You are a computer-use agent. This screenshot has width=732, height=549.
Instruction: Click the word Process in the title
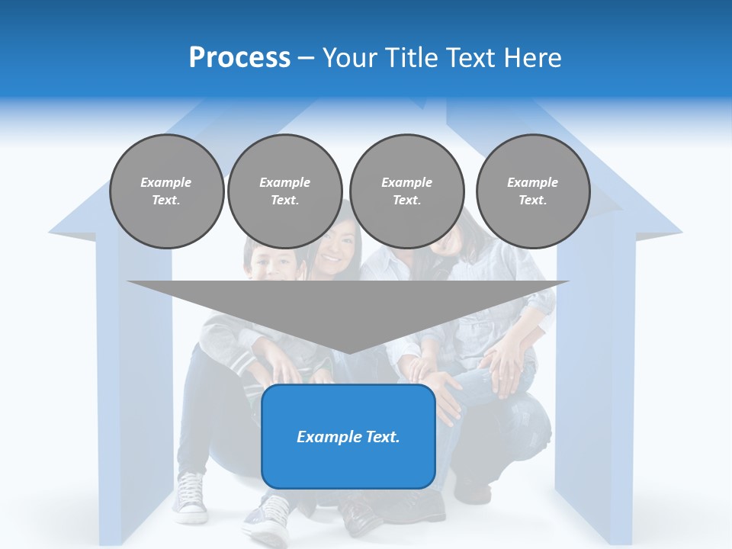pyautogui.click(x=239, y=58)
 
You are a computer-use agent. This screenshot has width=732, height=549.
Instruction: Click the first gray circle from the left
pyautogui.click(x=166, y=191)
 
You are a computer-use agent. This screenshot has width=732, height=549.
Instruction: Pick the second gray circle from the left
pyautogui.click(x=284, y=191)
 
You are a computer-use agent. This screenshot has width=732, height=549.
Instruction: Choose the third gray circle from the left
pyautogui.click(x=406, y=191)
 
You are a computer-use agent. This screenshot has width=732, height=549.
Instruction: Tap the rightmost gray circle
pyautogui.click(x=533, y=191)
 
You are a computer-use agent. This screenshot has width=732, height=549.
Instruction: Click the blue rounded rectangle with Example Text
pyautogui.click(x=348, y=436)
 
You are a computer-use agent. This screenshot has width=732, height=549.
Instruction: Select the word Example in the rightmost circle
pyautogui.click(x=532, y=182)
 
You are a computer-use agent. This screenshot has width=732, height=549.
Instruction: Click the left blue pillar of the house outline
pyautogui.click(x=133, y=381)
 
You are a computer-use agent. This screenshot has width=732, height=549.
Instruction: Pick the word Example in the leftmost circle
pyautogui.click(x=165, y=182)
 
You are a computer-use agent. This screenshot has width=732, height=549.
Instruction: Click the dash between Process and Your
pyautogui.click(x=307, y=58)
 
